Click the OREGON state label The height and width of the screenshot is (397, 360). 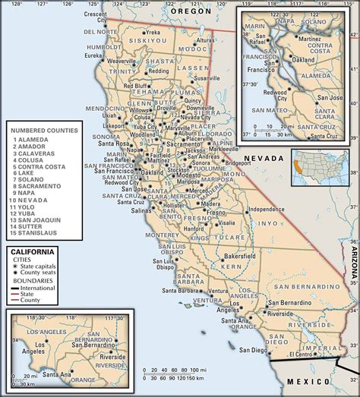[x=191, y=13]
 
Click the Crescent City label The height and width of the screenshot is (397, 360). [x=95, y=17]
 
